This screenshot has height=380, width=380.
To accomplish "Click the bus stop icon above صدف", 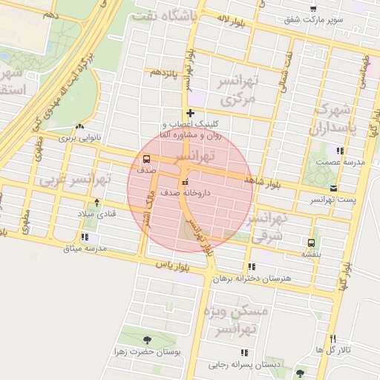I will click(x=145, y=159).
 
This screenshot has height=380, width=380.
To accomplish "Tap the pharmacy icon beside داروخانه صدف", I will click(x=184, y=183).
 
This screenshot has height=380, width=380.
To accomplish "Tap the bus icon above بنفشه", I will click(x=310, y=242).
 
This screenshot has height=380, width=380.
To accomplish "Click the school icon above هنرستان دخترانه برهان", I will click(x=252, y=266).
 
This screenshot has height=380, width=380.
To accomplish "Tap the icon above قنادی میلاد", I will click(x=96, y=202).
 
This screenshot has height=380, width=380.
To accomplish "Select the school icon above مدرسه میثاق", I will click(x=83, y=237).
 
